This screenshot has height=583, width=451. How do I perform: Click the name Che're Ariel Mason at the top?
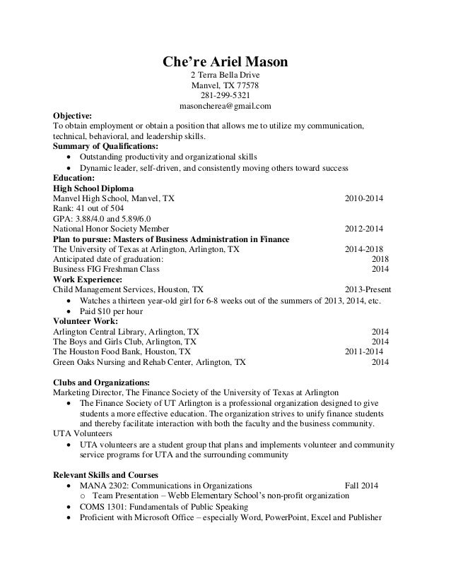coord(225,63)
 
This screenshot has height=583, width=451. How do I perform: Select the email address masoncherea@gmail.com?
coord(225,107)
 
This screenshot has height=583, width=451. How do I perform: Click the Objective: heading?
coord(77,116)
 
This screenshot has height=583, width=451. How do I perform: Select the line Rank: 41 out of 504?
coord(88,210)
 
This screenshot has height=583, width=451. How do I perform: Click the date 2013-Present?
coord(367,289)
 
